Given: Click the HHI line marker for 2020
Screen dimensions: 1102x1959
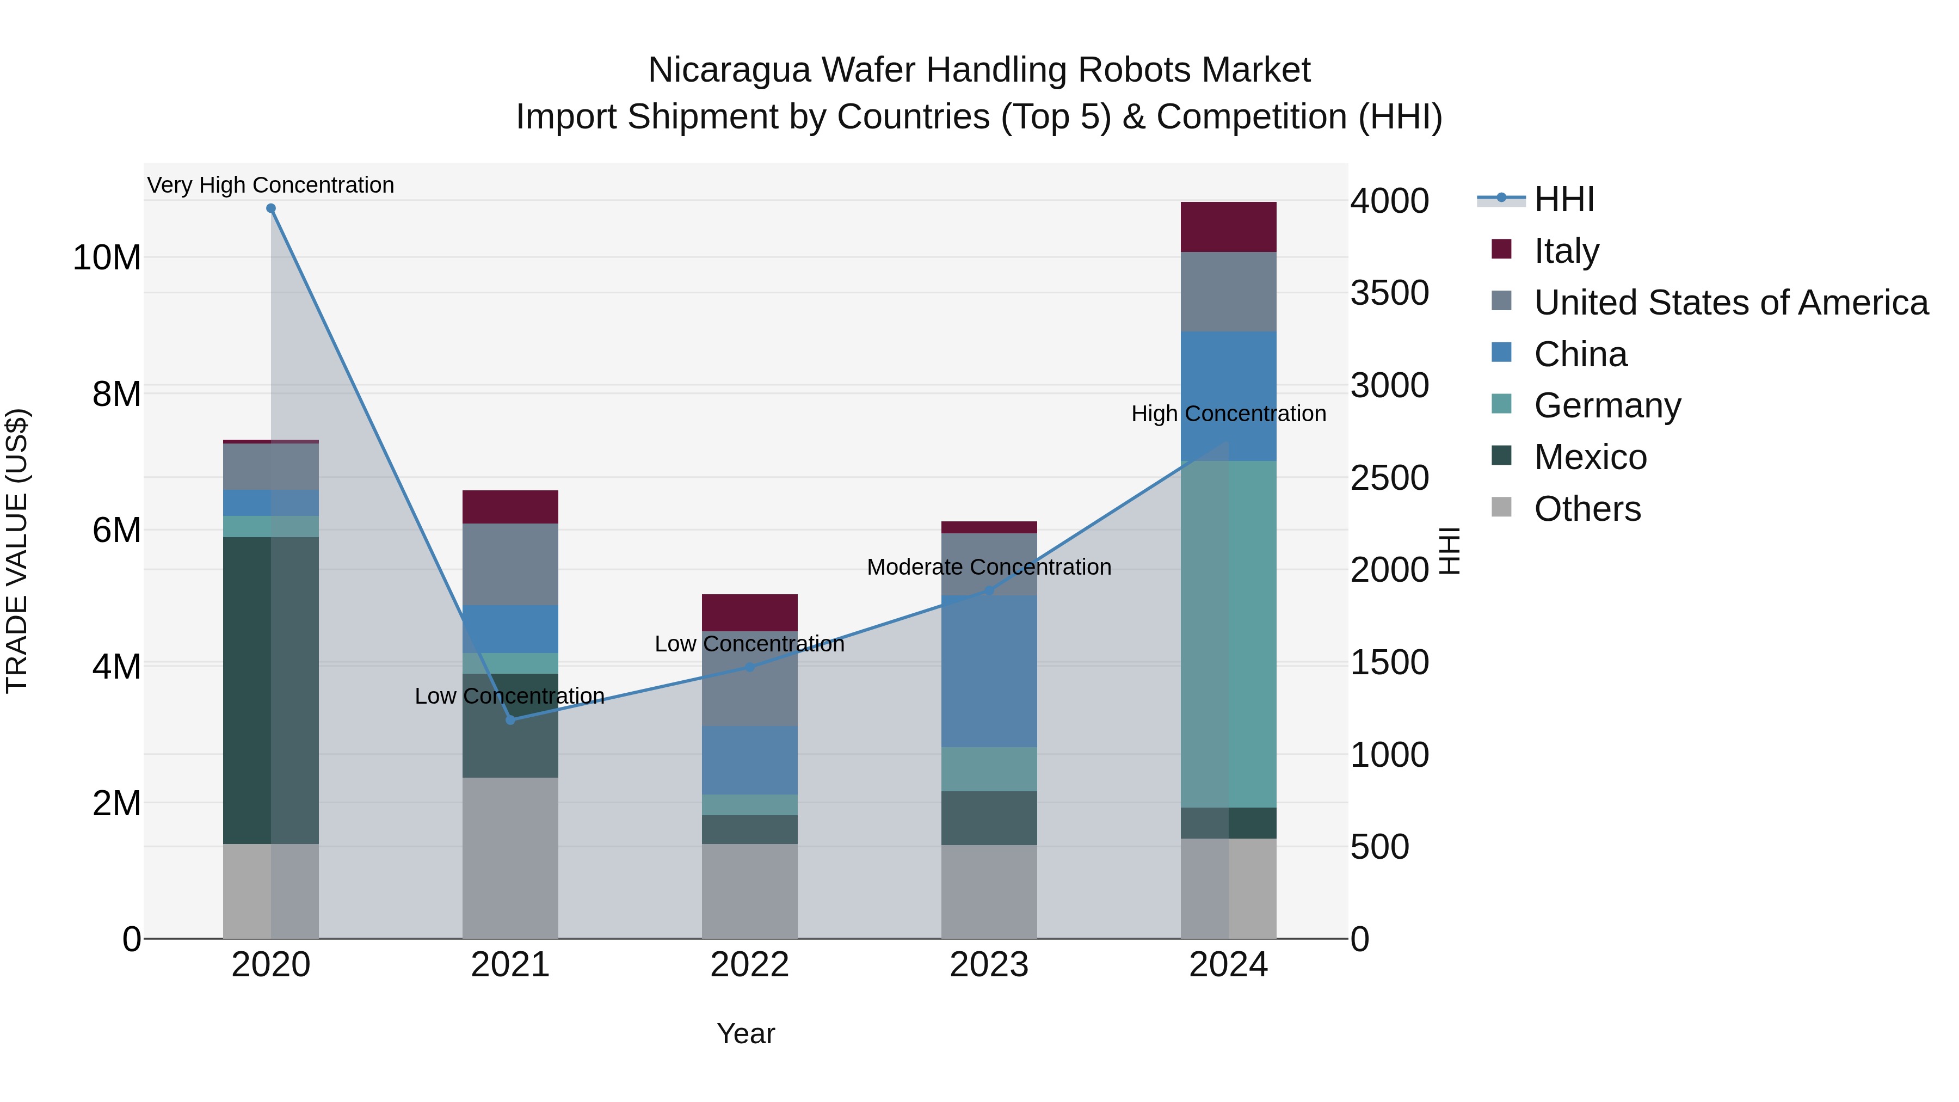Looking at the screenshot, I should (x=271, y=208).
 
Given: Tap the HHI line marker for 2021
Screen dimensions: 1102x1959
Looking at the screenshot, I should (x=510, y=719).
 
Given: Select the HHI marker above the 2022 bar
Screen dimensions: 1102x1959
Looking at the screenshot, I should (x=749, y=667).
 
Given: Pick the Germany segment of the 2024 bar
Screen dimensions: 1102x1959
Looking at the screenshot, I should (x=1228, y=633).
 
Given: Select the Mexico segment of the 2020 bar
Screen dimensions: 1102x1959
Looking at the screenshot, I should (x=271, y=690).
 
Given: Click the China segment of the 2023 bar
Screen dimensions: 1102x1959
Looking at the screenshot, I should (x=989, y=671).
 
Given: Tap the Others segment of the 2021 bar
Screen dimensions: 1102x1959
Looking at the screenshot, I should (x=510, y=857).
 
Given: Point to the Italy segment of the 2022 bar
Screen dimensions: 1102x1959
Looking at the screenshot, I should (x=749, y=612).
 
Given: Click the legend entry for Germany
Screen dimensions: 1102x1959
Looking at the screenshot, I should (x=1607, y=405).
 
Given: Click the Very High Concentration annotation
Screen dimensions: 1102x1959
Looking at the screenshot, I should (x=271, y=185).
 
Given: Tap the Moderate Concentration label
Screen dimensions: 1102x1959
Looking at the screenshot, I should (x=989, y=568).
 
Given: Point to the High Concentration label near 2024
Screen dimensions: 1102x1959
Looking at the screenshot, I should (x=1228, y=414).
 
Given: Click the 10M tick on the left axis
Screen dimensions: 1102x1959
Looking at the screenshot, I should (x=107, y=258).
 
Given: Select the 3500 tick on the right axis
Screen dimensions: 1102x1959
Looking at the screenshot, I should (x=1389, y=293).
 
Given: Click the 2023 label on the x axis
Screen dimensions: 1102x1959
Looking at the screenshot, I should (x=989, y=965).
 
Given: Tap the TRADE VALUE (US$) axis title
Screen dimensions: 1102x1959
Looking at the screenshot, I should (x=17, y=551).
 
